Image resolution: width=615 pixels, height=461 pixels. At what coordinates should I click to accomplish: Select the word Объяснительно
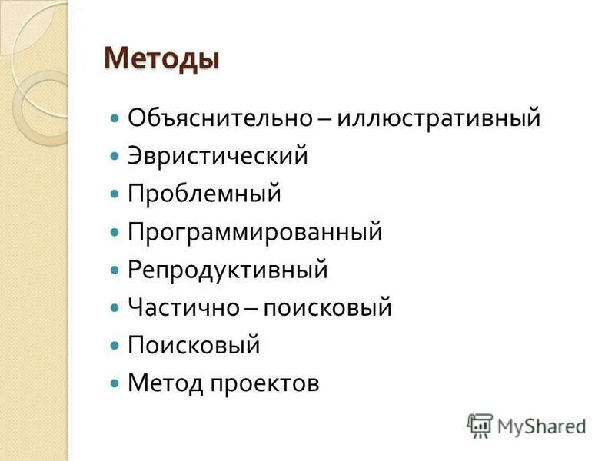tap(219, 118)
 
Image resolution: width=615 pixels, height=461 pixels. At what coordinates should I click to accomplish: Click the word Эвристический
tap(218, 156)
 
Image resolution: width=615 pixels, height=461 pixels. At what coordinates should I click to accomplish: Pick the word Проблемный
tap(204, 194)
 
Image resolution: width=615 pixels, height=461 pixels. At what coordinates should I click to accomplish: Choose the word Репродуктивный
tap(228, 270)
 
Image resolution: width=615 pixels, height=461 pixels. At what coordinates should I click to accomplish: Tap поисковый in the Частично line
tap(327, 308)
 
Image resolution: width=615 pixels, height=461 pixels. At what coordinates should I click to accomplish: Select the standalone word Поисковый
tap(194, 346)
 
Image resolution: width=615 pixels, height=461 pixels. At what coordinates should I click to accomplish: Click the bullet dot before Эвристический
tap(115, 157)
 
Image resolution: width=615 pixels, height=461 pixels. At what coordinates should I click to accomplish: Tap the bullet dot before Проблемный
tap(115, 194)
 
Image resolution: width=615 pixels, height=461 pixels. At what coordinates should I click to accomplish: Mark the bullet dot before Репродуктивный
tap(115, 270)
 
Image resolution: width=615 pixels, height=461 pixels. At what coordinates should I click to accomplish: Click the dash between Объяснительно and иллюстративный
tap(324, 120)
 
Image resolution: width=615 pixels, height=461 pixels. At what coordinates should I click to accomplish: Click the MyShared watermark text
tap(541, 426)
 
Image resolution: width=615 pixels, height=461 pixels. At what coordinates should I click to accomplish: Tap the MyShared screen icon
tap(480, 425)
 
